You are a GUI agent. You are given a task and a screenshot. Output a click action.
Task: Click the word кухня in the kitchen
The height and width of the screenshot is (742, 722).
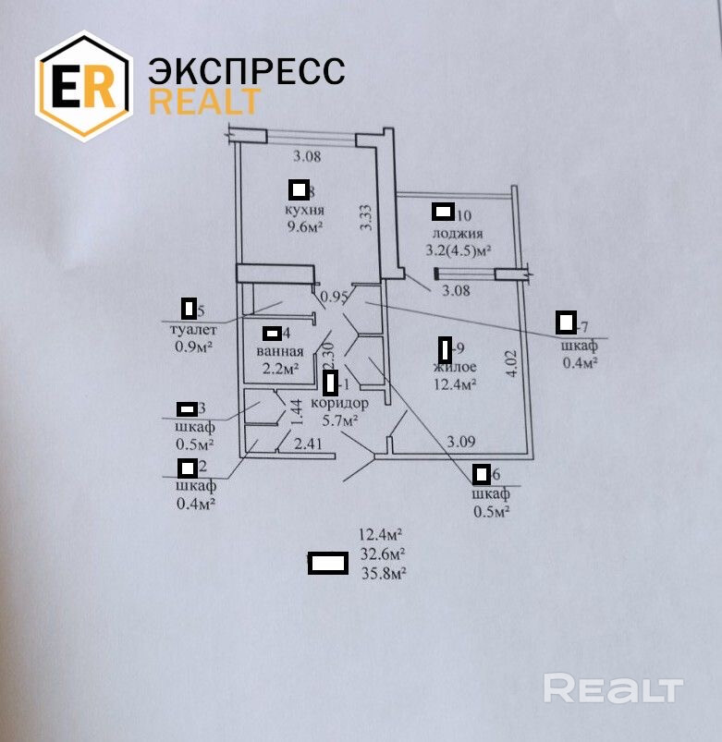tap(304, 211)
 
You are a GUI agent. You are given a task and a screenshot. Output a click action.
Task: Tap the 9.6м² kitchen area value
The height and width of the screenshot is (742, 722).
tap(303, 227)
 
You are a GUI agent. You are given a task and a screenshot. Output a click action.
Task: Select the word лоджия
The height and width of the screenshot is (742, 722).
tap(458, 233)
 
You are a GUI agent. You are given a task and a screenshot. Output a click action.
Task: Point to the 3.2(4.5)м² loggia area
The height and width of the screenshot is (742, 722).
tap(457, 249)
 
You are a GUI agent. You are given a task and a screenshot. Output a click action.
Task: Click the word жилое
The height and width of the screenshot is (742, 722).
tap(454, 367)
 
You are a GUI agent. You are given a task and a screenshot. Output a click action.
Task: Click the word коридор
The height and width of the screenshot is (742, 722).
tap(340, 404)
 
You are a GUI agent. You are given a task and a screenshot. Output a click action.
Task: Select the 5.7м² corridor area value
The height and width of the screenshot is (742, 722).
tap(339, 420)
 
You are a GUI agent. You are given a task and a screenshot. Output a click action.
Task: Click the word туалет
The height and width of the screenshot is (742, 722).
tap(194, 330)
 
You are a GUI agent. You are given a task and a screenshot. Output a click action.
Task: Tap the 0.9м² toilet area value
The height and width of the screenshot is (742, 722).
tap(194, 347)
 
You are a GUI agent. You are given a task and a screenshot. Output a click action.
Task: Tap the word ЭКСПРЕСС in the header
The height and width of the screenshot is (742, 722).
tap(246, 71)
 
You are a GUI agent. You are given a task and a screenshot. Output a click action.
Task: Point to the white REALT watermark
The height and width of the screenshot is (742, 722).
tap(613, 688)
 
